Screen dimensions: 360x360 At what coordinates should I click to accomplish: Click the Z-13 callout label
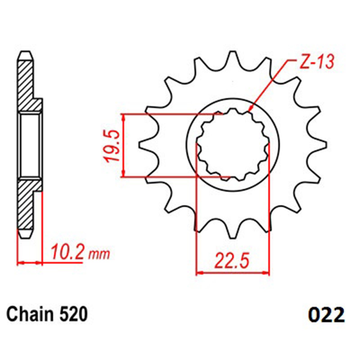(317, 62)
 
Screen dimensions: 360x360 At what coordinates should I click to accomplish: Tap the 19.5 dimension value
(112, 146)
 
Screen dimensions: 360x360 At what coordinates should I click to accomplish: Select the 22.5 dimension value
(232, 261)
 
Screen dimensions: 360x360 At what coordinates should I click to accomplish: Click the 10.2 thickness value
(67, 252)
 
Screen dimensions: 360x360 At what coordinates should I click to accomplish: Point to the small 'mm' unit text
(99, 254)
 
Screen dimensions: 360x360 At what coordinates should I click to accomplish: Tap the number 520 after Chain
(73, 314)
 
